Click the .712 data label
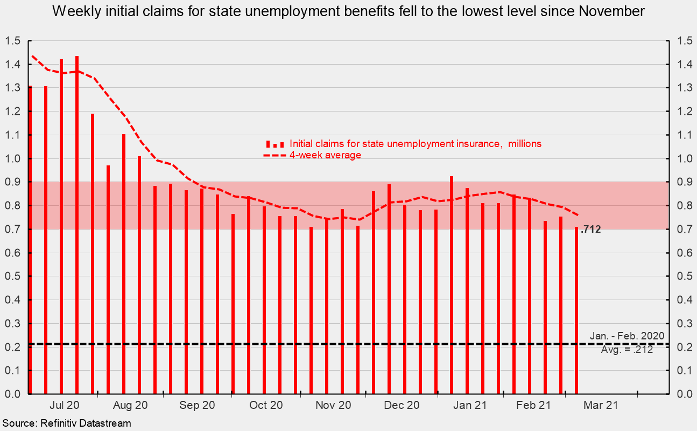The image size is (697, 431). pyautogui.click(x=590, y=230)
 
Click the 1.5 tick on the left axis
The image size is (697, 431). pyautogui.click(x=13, y=41)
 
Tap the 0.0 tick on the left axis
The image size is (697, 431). pyautogui.click(x=13, y=394)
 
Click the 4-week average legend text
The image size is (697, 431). pyautogui.click(x=325, y=155)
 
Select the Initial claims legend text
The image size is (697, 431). pyautogui.click(x=415, y=144)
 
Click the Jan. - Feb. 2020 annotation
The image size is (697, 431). pyautogui.click(x=626, y=336)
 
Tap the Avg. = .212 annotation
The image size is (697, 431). pyautogui.click(x=626, y=350)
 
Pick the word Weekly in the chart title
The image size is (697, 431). pyautogui.click(x=71, y=12)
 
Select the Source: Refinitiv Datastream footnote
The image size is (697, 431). pyautogui.click(x=66, y=423)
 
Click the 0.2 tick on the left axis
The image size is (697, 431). pyautogui.click(x=13, y=347)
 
